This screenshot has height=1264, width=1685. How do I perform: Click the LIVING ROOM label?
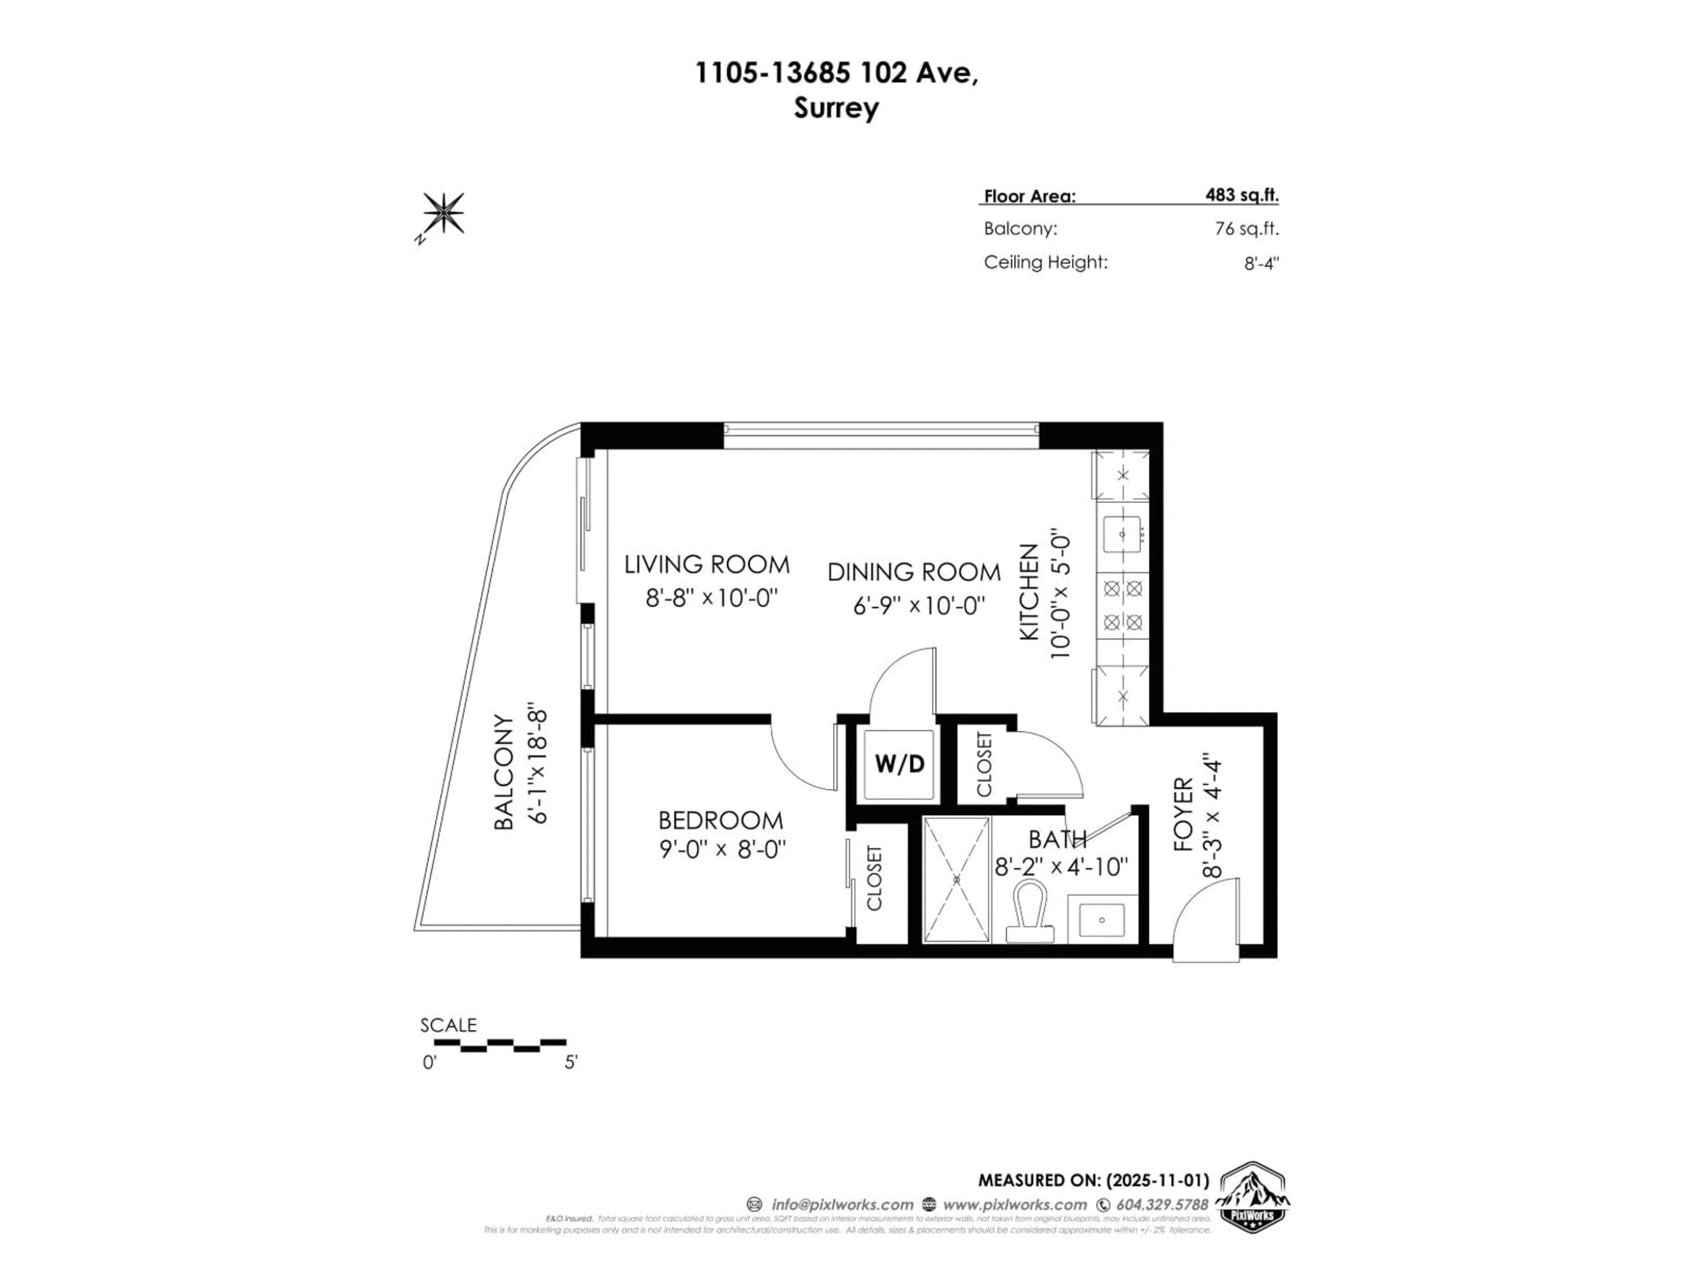pyautogui.click(x=707, y=564)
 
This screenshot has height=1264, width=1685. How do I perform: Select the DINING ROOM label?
pyautogui.click(x=914, y=571)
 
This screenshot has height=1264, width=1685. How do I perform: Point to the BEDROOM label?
pyautogui.click(x=721, y=821)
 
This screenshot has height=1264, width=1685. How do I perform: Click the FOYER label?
pyautogui.click(x=1182, y=814)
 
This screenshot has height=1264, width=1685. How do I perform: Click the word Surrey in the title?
pyautogui.click(x=836, y=108)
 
